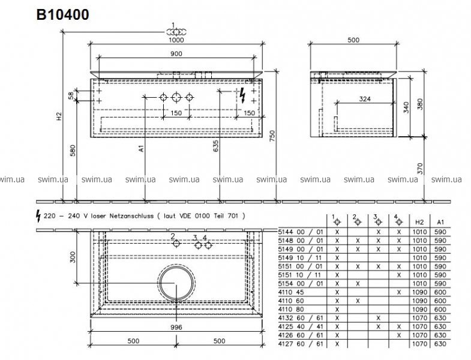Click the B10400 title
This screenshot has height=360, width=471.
[62, 14]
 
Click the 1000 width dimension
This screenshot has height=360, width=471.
[176, 40]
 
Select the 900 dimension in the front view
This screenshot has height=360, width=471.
[176, 53]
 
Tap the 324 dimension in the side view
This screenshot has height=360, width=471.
[365, 99]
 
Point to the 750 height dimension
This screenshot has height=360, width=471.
[272, 137]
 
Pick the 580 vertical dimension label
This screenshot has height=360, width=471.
[73, 151]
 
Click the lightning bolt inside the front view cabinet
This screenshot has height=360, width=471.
[243, 96]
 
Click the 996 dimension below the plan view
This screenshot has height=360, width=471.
[176, 327]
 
